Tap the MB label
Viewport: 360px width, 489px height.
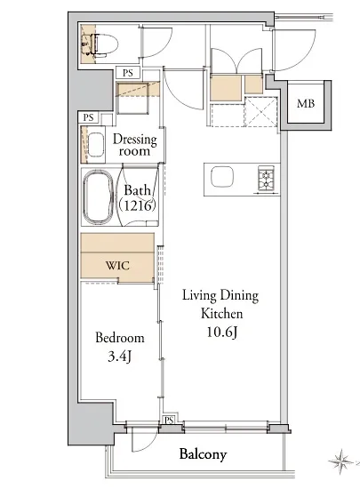click(x=306, y=103)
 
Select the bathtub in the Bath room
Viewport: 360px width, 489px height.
click(x=98, y=197)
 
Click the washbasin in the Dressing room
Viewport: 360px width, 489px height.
click(x=96, y=144)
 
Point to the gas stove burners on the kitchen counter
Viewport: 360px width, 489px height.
click(x=266, y=178)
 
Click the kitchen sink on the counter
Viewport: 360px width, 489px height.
click(x=222, y=177)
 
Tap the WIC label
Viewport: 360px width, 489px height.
click(x=117, y=266)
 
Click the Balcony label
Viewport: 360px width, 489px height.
click(x=203, y=454)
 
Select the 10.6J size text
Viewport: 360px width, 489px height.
click(x=222, y=333)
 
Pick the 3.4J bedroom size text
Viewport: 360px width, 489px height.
click(x=119, y=357)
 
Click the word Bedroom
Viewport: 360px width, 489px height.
click(x=120, y=338)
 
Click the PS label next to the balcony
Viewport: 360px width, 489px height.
click(x=169, y=420)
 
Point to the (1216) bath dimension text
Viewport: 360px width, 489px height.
click(x=137, y=205)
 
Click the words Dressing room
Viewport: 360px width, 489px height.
click(x=134, y=145)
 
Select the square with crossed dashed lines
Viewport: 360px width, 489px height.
click(x=261, y=112)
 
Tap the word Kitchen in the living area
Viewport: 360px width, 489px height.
click(x=222, y=314)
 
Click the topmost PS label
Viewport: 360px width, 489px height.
click(x=128, y=73)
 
